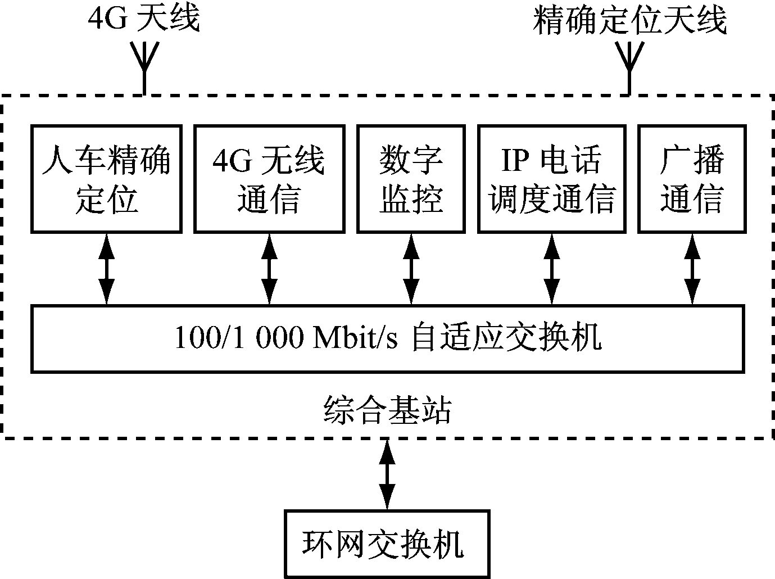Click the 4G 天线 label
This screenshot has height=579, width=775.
[x=144, y=19]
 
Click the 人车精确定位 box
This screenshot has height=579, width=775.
[x=106, y=179]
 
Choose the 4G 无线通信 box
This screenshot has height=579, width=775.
[x=269, y=179]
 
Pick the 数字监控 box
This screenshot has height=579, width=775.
[x=411, y=179]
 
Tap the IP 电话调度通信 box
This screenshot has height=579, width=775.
[x=552, y=179]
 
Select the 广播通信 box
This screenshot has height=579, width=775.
[x=692, y=179]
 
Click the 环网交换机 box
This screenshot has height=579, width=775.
[x=387, y=543]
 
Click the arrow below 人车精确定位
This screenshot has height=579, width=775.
[x=106, y=269]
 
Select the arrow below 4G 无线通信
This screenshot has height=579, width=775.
[x=270, y=269]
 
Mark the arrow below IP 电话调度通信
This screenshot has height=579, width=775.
[x=552, y=269]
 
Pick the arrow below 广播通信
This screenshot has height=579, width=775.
[x=692, y=269]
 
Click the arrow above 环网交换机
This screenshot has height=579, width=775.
[x=387, y=474]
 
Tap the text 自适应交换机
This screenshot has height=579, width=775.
[x=506, y=338]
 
